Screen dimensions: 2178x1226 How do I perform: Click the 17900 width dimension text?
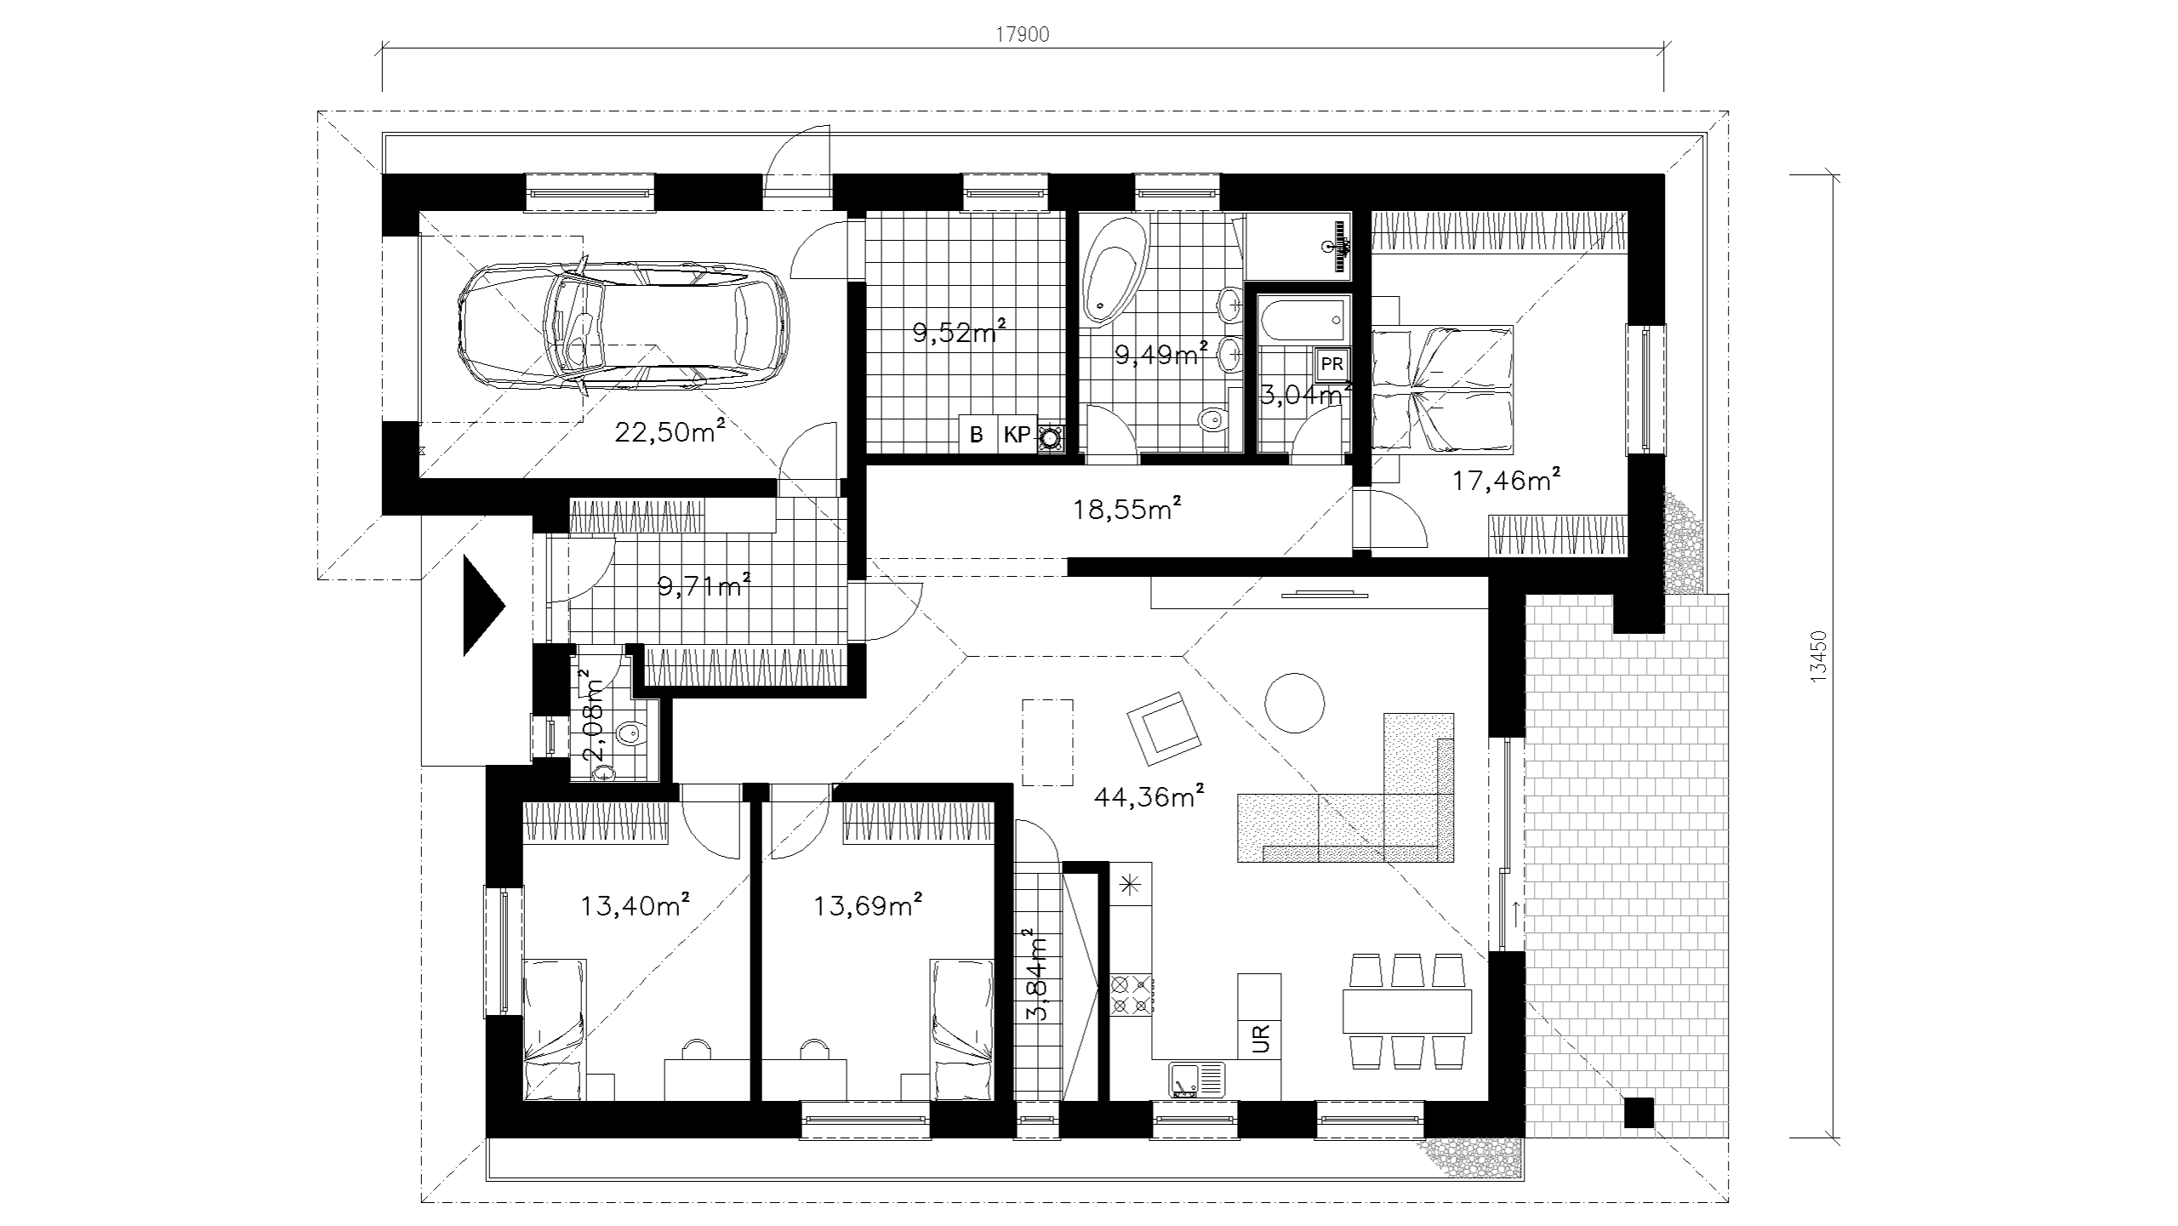click(1023, 35)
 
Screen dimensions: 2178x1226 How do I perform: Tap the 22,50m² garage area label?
click(670, 431)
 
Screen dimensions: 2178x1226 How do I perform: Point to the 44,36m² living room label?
click(1149, 798)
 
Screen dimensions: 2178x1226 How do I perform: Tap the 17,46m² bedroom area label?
click(1506, 481)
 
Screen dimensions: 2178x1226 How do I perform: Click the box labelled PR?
click(1331, 364)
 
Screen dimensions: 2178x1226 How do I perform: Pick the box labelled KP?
click(1017, 435)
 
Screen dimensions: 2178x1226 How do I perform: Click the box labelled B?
click(978, 435)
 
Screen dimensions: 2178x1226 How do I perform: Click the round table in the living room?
click(1294, 703)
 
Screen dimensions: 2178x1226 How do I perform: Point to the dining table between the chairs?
click(1407, 1009)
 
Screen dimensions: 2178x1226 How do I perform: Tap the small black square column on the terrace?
click(1638, 1113)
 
